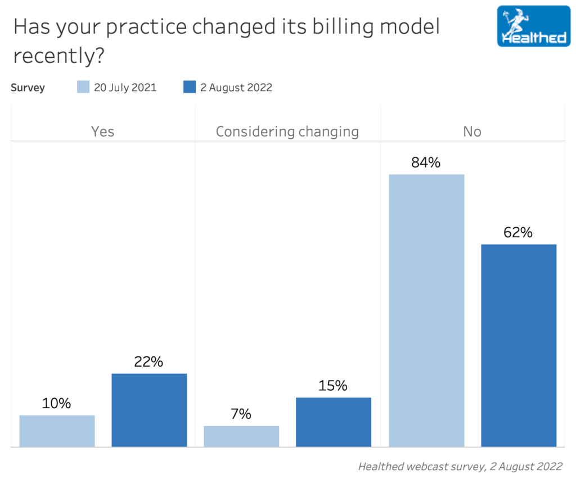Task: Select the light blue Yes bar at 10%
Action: [57, 431]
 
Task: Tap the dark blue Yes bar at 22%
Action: [149, 410]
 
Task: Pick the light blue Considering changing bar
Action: [241, 436]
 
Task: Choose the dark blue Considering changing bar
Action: [334, 422]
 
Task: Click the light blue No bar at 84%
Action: [426, 310]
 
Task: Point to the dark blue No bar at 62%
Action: [519, 345]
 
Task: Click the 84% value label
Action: [426, 163]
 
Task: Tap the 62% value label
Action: [518, 232]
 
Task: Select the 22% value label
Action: [148, 362]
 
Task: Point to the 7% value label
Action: [241, 414]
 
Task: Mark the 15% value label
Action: [333, 386]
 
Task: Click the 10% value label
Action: [56, 403]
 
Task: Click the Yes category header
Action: [102, 132]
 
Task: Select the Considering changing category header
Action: [287, 132]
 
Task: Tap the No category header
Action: [472, 132]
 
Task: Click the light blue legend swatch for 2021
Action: [83, 87]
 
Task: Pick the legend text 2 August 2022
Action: [236, 87]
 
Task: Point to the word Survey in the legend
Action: [28, 87]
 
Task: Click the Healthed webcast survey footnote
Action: [460, 466]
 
